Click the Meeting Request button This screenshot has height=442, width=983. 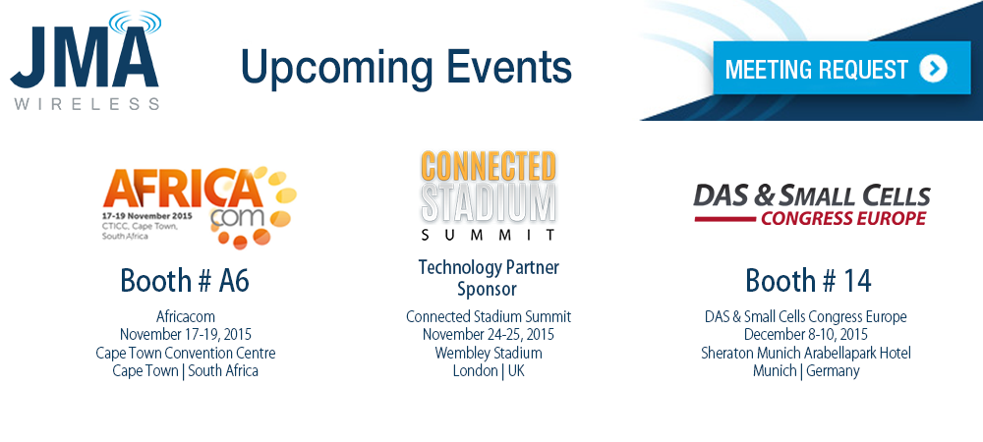pyautogui.click(x=841, y=68)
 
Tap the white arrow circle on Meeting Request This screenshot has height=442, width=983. pyautogui.click(x=934, y=69)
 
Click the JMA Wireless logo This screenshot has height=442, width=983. pyautogui.click(x=86, y=61)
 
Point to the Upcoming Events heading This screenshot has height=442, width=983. pyautogui.click(x=406, y=68)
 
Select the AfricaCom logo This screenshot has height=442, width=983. pyautogui.click(x=200, y=206)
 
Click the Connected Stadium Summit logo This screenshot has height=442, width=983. pyautogui.click(x=489, y=195)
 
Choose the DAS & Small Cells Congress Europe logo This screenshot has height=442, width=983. pyautogui.click(x=811, y=205)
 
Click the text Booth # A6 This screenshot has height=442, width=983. pyautogui.click(x=185, y=281)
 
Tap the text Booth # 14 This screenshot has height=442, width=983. pyautogui.click(x=808, y=281)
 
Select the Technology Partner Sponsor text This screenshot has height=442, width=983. pyautogui.click(x=489, y=278)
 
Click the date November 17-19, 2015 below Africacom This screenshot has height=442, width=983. pyautogui.click(x=186, y=335)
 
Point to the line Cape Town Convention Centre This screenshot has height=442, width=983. pyautogui.click(x=186, y=353)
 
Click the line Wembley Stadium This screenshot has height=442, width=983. pyautogui.click(x=489, y=353)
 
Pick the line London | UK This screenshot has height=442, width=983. pyautogui.click(x=489, y=370)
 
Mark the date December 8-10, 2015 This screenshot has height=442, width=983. pyautogui.click(x=806, y=335)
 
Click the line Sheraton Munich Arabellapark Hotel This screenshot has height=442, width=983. pyautogui.click(x=806, y=353)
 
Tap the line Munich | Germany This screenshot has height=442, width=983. pyautogui.click(x=806, y=370)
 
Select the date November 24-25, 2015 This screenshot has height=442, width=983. pyautogui.click(x=489, y=335)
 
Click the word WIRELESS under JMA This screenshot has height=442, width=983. pyautogui.click(x=87, y=104)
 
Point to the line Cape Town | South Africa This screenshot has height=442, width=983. pyautogui.click(x=186, y=370)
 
